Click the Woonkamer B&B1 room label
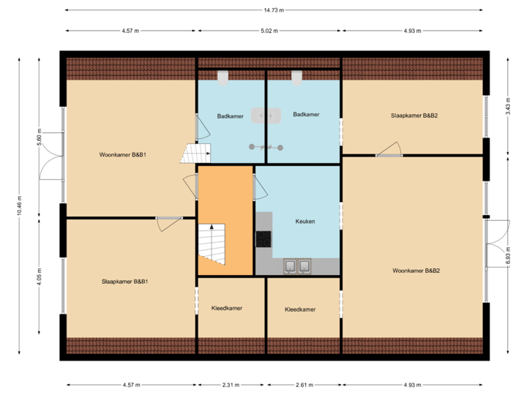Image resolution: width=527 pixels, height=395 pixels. coord(123,155)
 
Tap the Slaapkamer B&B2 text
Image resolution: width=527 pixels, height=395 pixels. coord(414,115)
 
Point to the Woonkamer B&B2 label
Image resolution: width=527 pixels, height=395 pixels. coord(416,271)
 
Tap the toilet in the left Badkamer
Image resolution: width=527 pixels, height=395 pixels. coord(223,76)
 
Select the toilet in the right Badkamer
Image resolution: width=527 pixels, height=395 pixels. coord(297,76)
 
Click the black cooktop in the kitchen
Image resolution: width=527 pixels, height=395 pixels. coord(263,238)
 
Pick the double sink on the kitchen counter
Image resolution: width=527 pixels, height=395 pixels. coord(297,266)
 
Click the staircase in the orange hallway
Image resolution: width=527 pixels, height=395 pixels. coord(213,245)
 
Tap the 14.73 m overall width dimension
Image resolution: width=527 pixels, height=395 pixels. coord(274,10)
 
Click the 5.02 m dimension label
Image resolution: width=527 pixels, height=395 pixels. coord(269,31)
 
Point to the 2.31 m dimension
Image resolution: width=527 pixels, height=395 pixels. coord(231,385)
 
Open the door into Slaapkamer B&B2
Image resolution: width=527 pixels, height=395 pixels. coord(389,151)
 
